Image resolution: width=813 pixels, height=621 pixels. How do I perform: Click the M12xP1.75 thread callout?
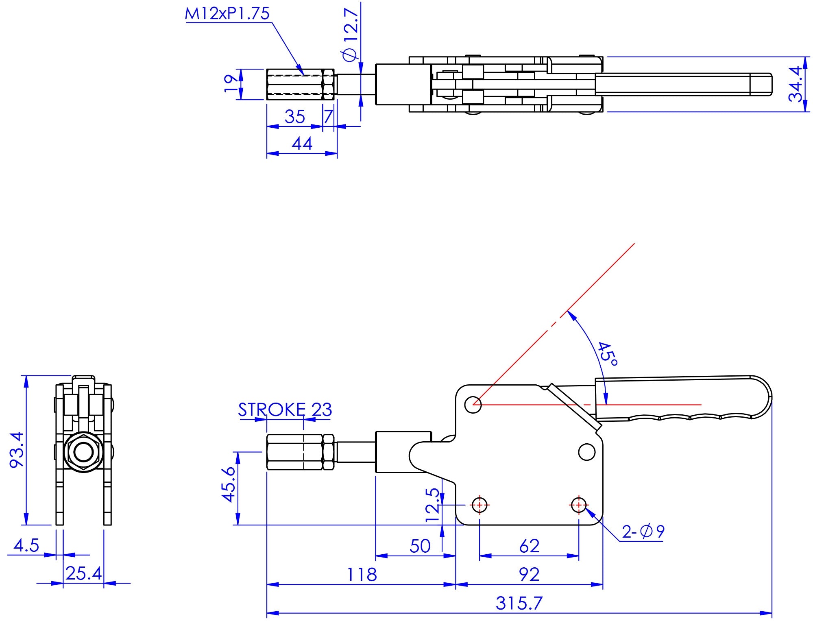pos(227,14)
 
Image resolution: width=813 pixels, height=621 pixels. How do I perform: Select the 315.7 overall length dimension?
pos(519,603)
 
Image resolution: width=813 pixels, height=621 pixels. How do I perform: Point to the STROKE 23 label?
pos(285,410)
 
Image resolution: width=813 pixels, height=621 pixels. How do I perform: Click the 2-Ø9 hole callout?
pos(643,532)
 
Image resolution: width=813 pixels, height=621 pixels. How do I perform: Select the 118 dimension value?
pos(362,575)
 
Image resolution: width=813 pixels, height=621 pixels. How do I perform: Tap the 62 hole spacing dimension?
pos(529,546)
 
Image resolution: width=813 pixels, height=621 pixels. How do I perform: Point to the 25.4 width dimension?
pos(83,573)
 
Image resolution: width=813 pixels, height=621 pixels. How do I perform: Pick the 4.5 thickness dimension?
pos(26,545)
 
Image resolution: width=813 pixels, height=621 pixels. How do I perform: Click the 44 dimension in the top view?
pos(302,144)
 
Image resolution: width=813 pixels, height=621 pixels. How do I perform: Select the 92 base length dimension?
pos(529,575)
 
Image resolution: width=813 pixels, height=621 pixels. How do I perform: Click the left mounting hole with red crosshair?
pos(480,506)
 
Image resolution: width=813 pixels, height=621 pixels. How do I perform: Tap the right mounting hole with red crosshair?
pos(578,506)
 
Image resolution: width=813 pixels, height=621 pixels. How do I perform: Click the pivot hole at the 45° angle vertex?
pos(473,405)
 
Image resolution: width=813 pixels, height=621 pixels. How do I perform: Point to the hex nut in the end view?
pos(83,452)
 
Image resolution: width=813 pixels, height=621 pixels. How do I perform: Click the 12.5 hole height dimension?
pos(433,505)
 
